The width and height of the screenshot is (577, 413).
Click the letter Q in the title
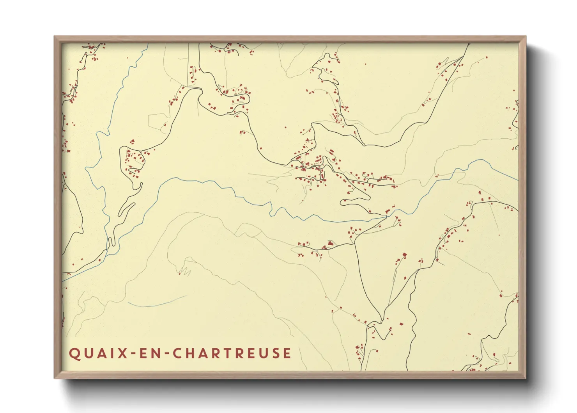click(x=74, y=353)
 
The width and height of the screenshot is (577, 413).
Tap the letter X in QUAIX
click(x=123, y=353)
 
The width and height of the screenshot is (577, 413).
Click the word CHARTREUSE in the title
click(x=232, y=353)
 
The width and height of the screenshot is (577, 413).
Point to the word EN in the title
click(x=149, y=353)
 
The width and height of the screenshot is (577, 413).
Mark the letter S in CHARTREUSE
click(x=274, y=353)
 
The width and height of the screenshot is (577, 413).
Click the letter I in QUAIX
click(x=112, y=353)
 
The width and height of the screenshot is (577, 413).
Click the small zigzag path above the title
click(x=185, y=271)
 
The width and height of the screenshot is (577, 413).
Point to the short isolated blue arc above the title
click(x=156, y=303)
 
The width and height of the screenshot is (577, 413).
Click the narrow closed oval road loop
click(x=127, y=209)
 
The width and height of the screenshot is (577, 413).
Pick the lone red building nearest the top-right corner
click(x=487, y=58)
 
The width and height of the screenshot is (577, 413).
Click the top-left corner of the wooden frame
click(x=55, y=37)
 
